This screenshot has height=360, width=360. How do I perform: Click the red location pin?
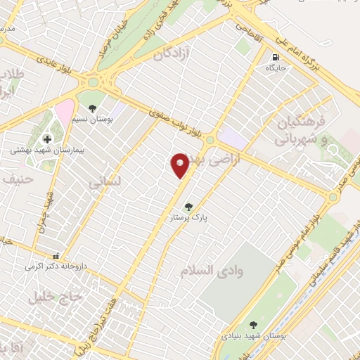click(180, 164)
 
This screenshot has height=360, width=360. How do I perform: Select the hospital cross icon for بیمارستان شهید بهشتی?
click(47, 139)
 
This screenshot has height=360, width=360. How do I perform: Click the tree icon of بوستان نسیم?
click(92, 108)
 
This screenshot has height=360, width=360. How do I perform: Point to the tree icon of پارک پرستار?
click(188, 207)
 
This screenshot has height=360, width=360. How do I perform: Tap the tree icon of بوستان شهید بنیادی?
click(253, 325)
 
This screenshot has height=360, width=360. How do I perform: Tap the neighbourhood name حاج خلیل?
click(56, 297)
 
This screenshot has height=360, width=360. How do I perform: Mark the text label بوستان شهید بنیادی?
click(252, 337)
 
